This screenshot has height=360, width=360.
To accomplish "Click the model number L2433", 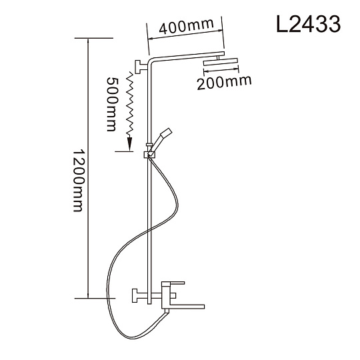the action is pos(309,25).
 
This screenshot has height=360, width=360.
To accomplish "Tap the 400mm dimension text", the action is pos(187,26).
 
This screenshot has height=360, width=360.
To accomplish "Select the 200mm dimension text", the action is pos(224,83).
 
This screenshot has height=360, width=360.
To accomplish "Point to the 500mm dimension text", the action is pos(113,104).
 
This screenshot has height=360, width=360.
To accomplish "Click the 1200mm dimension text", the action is pos(79,181).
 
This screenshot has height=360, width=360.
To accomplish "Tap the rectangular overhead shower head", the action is pos(221,62).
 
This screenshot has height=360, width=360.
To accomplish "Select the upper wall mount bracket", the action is pos(141,67).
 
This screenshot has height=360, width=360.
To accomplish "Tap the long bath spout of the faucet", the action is pos(187,307).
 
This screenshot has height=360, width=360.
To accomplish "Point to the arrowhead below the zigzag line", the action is pos(129,143).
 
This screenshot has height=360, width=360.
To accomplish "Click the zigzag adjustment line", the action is pos(131,103).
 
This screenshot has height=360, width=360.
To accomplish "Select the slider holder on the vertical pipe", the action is pos(149,155).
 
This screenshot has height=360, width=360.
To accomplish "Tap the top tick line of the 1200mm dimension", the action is pos(94,38).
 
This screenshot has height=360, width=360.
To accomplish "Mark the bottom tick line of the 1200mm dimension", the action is pos(95,298).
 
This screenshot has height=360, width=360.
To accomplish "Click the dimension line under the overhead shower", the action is pos(221,71).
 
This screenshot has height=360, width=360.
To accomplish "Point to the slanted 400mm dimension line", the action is pos(185,35).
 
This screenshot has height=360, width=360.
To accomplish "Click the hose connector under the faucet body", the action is pos(167,311).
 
